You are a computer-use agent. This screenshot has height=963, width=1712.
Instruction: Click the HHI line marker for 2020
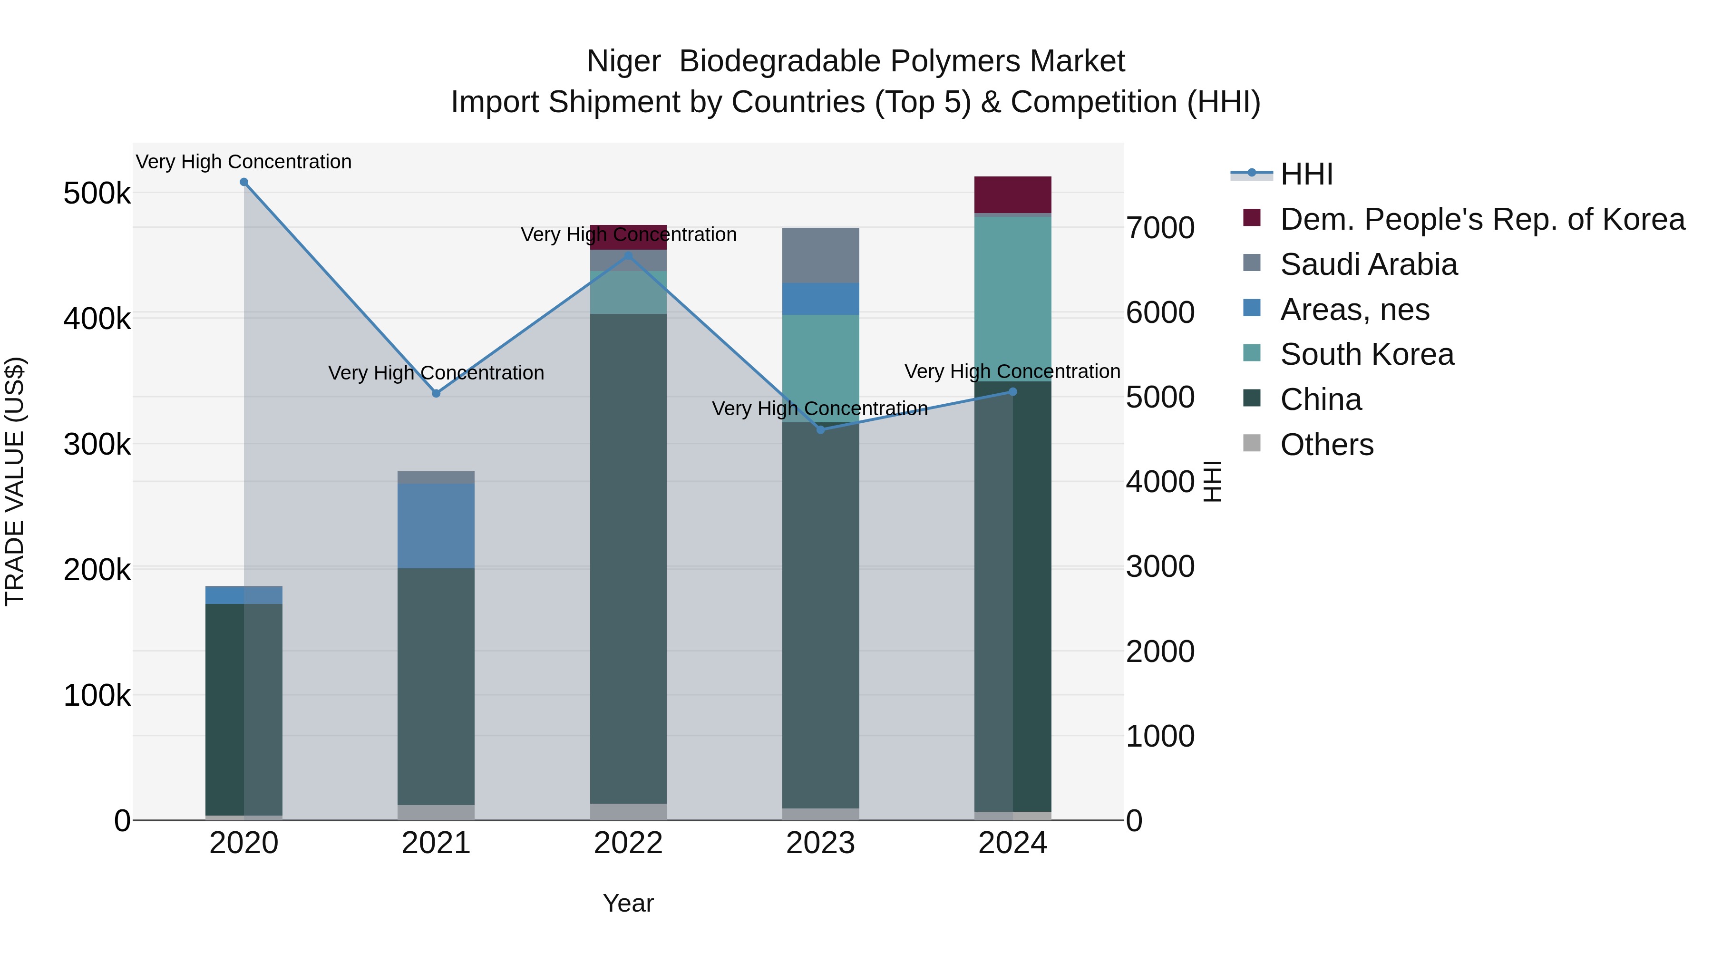coord(244,182)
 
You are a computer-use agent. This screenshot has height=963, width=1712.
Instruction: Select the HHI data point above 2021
coord(436,393)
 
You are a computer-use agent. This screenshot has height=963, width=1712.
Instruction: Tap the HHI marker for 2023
coord(820,430)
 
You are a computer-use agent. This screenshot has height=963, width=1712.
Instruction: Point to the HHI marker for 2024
coord(1013,392)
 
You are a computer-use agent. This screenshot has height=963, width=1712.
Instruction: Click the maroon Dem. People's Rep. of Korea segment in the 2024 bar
coord(1013,195)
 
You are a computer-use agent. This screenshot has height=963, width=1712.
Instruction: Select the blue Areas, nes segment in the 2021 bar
coord(436,525)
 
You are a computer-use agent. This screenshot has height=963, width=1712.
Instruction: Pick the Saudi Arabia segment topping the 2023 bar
coord(820,255)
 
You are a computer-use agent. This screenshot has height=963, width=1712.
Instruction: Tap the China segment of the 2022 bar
coord(628,558)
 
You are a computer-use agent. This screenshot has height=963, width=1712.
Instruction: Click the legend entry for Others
coord(1326,445)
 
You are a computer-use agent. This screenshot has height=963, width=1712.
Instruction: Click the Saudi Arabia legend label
coord(1368,264)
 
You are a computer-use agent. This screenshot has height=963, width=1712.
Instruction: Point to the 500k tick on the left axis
coord(97,194)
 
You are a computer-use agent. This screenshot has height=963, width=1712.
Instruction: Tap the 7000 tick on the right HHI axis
coord(1160,228)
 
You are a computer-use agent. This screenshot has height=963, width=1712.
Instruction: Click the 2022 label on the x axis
coord(628,843)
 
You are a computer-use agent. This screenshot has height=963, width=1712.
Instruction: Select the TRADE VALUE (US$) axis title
coord(15,481)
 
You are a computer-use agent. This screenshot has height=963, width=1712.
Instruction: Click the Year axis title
coord(628,903)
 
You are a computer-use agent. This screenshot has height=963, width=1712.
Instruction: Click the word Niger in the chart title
coord(623,61)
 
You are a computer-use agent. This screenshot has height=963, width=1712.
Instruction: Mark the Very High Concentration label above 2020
coord(244,162)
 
